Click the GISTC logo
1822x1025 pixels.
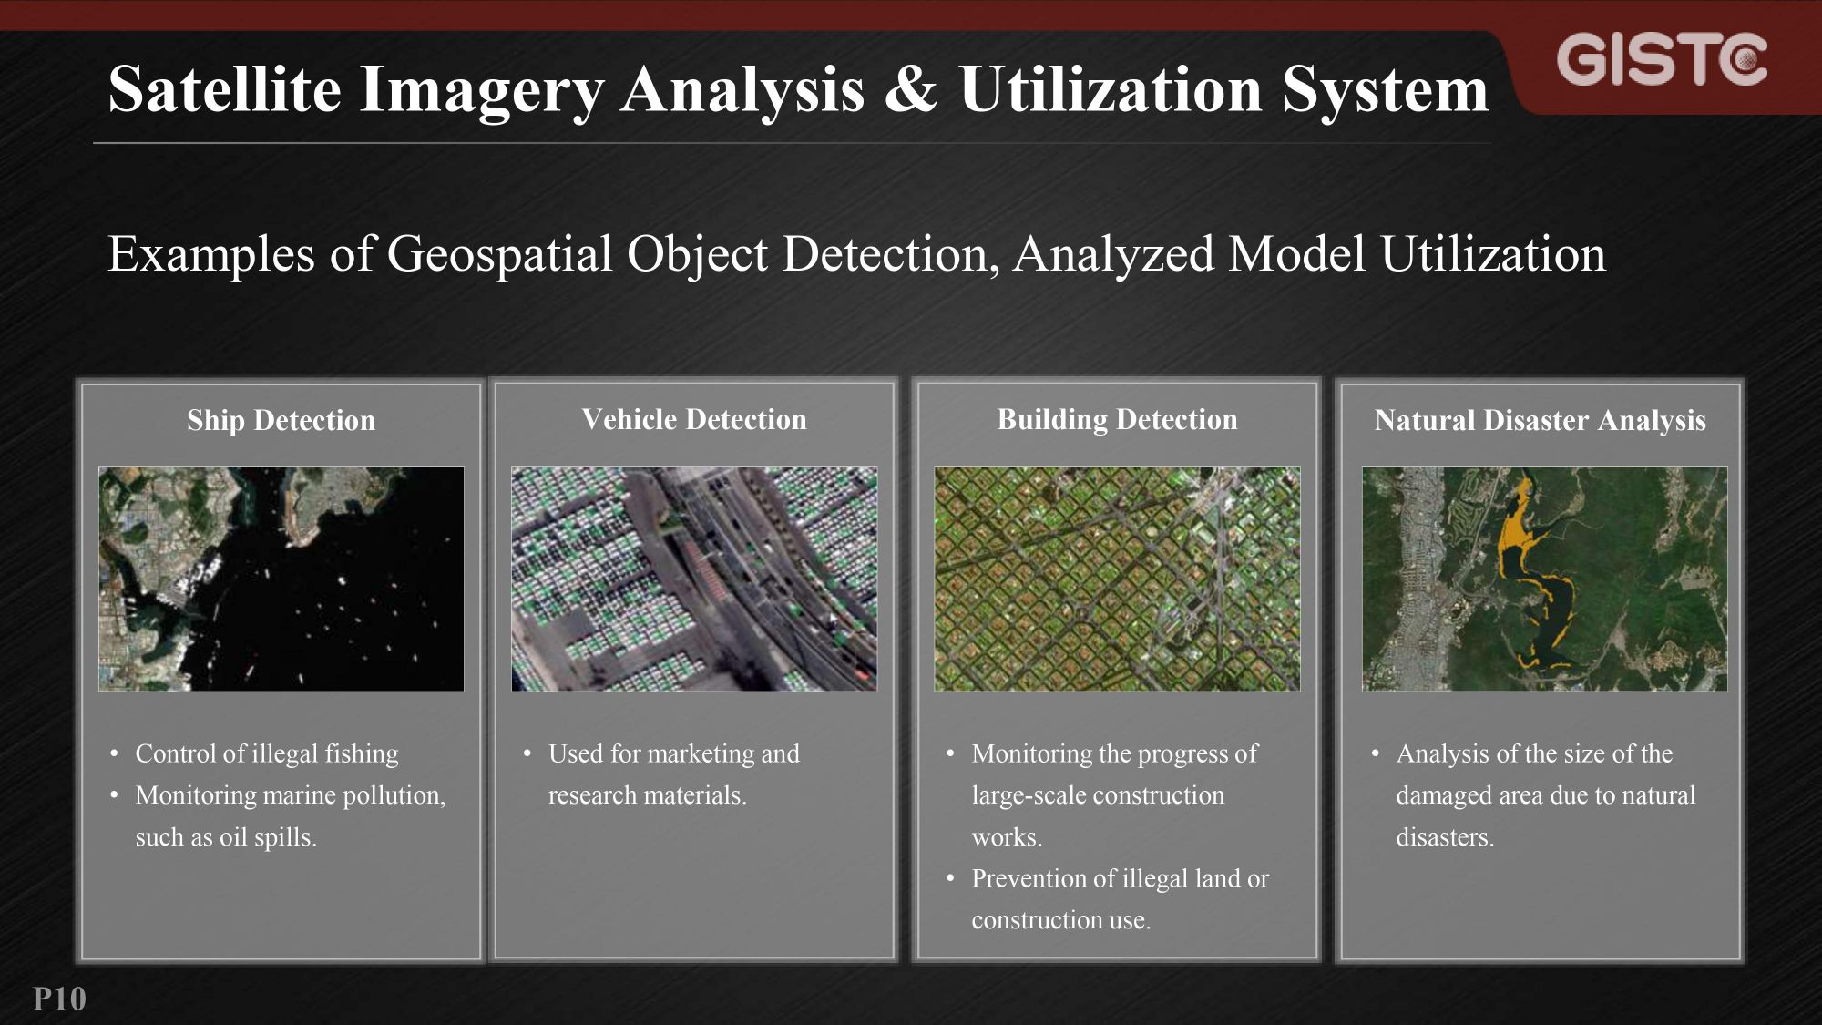click(1662, 60)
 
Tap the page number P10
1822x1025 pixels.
click(59, 999)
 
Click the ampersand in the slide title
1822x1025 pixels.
click(910, 89)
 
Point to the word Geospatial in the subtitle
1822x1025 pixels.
click(499, 254)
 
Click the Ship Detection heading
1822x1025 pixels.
click(281, 420)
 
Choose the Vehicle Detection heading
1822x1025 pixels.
click(694, 419)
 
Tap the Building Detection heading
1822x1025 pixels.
click(1117, 419)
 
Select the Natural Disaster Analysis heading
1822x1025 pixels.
click(1540, 420)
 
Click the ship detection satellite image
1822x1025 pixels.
click(281, 579)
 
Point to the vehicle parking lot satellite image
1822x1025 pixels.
click(694, 579)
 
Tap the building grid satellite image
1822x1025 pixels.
click(1117, 579)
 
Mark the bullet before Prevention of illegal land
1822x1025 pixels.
click(950, 879)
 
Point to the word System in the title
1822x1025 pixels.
click(1385, 89)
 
